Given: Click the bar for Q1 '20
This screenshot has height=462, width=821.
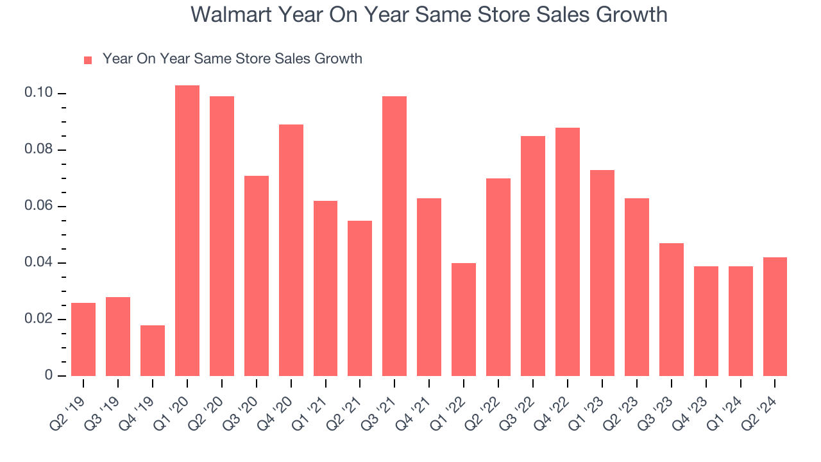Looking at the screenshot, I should point(187,231).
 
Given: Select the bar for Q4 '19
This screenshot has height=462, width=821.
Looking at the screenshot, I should point(153,350).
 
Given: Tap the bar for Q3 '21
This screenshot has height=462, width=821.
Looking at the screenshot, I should point(394,236).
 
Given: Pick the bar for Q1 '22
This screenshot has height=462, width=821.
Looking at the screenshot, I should point(464,320).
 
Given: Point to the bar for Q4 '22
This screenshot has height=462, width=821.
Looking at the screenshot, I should point(568,252).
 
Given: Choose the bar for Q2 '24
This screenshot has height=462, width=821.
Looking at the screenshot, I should point(775,316).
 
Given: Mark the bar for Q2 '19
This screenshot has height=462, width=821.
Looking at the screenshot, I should point(83,339).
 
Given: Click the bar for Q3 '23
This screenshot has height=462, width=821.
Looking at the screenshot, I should point(671,309).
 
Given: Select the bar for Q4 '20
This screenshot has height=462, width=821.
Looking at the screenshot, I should point(291,250).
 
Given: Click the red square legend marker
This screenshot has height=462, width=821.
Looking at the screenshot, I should point(88,60).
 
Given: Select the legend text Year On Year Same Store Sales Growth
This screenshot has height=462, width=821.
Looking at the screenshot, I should point(232,59).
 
